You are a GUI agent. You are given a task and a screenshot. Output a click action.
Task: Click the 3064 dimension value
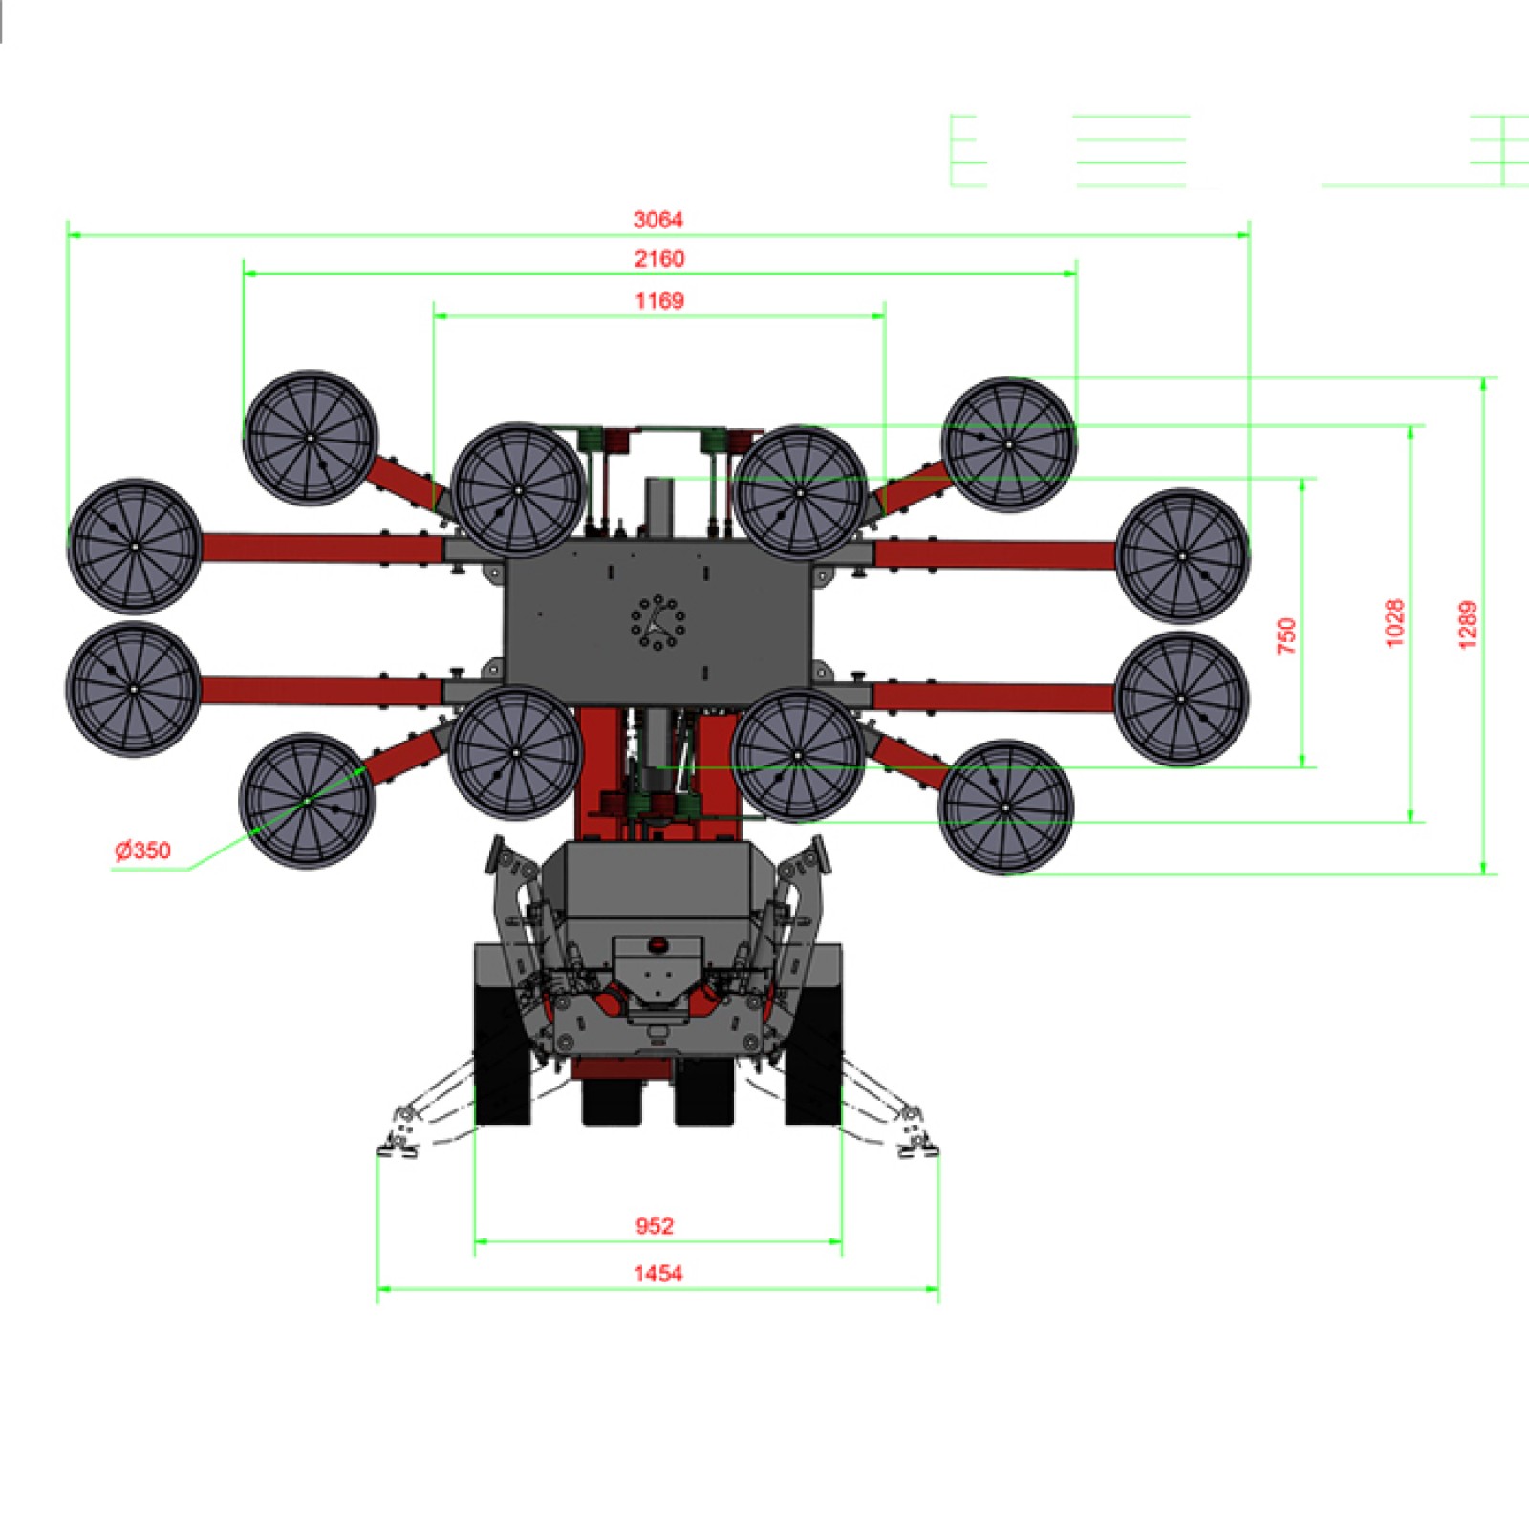(x=658, y=220)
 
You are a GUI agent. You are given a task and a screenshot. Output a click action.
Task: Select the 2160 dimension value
(x=659, y=259)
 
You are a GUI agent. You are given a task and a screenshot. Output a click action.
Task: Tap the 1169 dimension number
(x=659, y=301)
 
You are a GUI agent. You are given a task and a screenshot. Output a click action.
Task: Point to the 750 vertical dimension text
(x=1287, y=635)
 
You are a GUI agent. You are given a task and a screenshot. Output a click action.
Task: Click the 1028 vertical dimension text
(x=1395, y=623)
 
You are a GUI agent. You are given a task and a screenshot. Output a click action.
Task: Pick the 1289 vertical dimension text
(x=1468, y=625)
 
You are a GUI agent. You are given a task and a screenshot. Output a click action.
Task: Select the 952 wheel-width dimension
(x=655, y=1226)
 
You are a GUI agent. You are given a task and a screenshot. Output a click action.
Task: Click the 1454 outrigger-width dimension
(x=658, y=1273)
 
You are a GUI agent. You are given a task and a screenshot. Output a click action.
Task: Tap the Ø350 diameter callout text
(x=142, y=851)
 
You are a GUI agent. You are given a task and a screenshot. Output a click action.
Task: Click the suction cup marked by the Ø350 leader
(x=307, y=801)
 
